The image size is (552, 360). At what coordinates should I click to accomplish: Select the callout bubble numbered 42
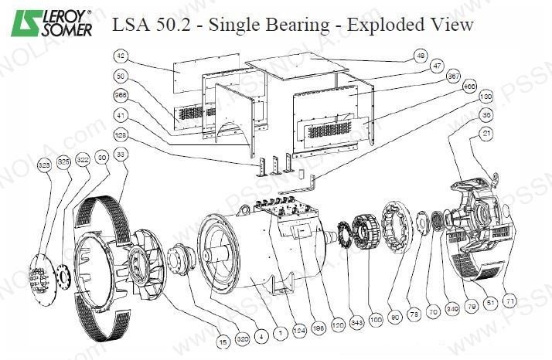click(120, 56)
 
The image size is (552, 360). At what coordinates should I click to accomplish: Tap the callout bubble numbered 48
click(421, 56)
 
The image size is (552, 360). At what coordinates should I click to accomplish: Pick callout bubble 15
click(223, 338)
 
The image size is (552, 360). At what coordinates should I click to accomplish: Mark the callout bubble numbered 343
click(355, 320)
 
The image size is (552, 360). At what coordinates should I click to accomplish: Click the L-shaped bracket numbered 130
click(311, 185)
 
